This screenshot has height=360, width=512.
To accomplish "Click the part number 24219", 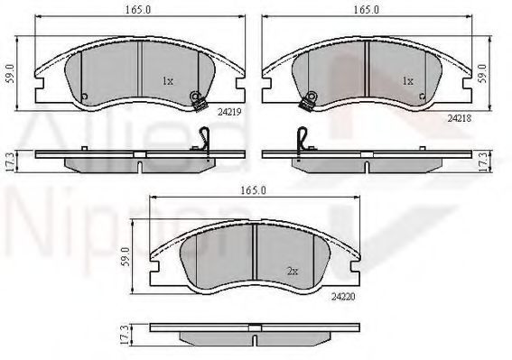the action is click(x=229, y=112).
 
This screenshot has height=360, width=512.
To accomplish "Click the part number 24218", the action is click(x=460, y=118).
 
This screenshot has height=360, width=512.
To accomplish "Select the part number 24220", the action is click(x=343, y=297).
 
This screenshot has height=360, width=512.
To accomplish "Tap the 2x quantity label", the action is click(x=293, y=272).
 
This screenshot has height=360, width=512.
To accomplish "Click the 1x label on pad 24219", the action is click(x=168, y=81).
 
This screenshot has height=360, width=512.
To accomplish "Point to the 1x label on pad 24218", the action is click(x=408, y=81).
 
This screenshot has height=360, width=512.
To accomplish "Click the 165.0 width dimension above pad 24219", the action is click(x=138, y=10).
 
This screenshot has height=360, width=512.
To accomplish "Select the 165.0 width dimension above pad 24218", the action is click(x=367, y=10).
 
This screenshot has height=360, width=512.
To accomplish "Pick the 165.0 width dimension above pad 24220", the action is click(x=253, y=190).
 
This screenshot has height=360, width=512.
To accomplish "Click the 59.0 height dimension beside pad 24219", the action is click(x=11, y=73).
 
